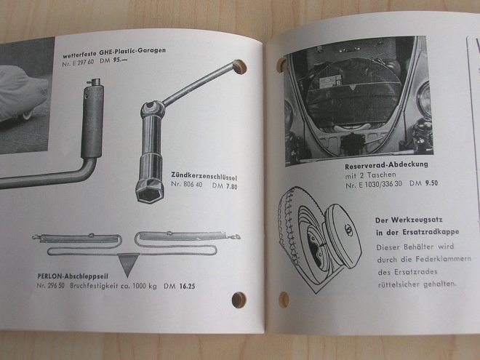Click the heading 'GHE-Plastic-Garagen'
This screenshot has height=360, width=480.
click(132, 51)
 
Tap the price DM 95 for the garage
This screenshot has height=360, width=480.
click(113, 60)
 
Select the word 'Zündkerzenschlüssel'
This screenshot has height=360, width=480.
click(204, 176)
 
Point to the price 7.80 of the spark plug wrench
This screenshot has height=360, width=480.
click(231, 186)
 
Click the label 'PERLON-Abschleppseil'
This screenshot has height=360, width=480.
click(73, 276)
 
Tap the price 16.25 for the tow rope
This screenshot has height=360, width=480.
click(187, 287)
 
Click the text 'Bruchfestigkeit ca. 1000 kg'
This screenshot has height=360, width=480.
click(113, 287)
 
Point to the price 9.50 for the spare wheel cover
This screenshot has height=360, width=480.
click(431, 183)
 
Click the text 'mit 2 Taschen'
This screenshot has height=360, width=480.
click(370, 175)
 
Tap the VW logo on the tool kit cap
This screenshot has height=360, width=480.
click(348, 230)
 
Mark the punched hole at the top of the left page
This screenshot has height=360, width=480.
click(240, 67)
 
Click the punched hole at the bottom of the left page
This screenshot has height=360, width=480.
click(239, 300)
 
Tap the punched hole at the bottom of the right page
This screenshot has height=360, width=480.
click(284, 300)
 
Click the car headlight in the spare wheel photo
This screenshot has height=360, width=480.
click(424, 98)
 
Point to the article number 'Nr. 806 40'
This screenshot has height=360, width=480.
click(187, 184)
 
